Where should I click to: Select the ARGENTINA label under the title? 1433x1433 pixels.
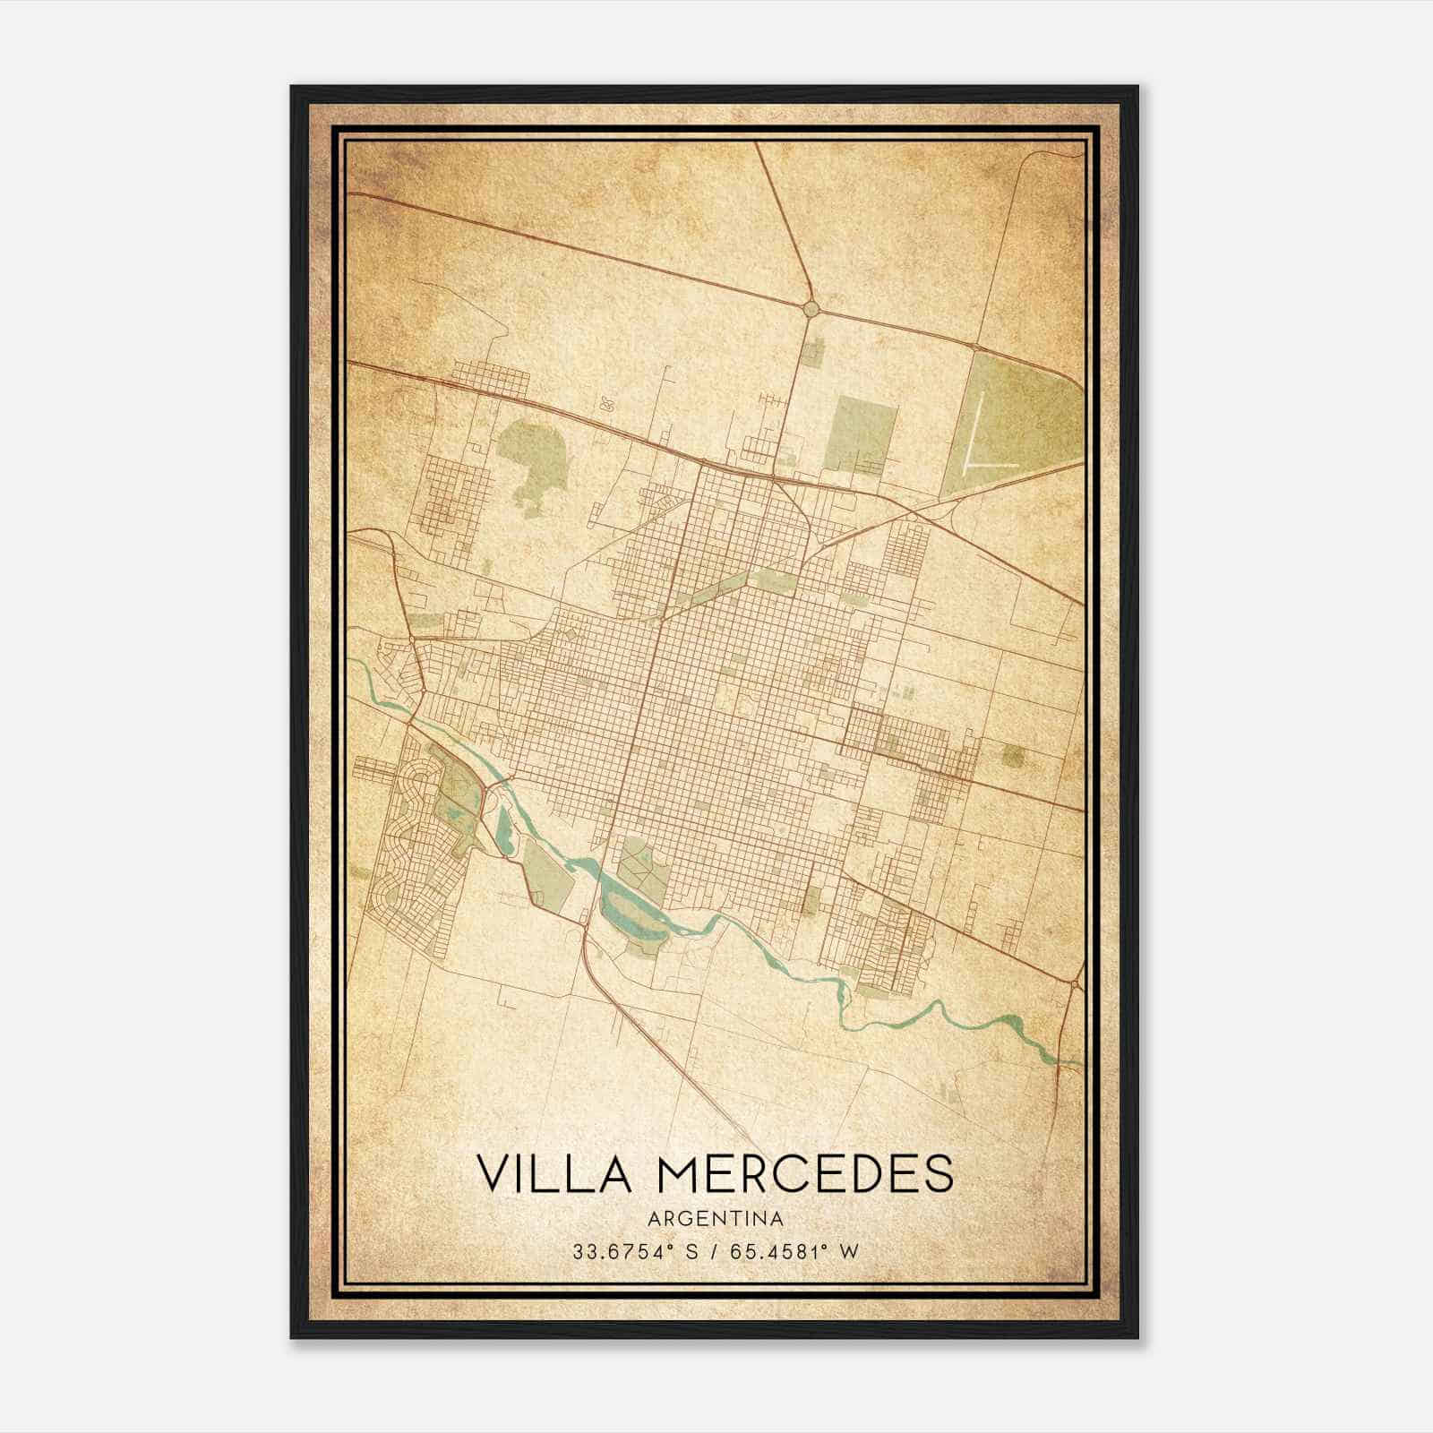pos(716,1219)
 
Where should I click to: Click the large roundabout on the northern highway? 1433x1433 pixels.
pos(811,309)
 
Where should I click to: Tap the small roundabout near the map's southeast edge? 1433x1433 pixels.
pos(1073,984)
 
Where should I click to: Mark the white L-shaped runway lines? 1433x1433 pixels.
pos(983,448)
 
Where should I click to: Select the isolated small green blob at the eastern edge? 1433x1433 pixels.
pos(1013,757)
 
